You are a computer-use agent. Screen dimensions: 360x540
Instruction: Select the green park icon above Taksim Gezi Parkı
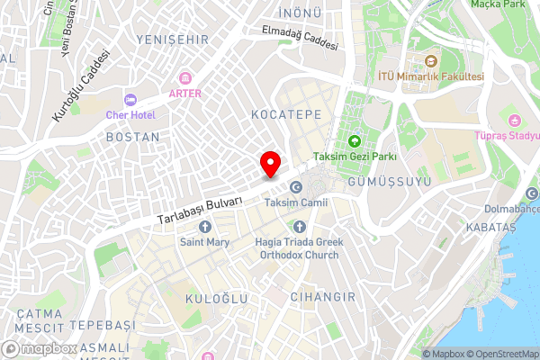(354, 140)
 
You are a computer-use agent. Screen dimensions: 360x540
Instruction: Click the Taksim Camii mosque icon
(296, 186)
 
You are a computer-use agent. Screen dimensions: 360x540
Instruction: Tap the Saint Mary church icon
(204, 226)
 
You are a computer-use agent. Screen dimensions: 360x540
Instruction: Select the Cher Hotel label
(131, 115)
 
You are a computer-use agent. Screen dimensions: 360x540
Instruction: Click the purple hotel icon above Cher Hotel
(130, 99)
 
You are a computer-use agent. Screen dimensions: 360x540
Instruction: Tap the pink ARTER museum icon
(185, 77)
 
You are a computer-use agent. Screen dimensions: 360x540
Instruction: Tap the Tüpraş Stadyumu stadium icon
(514, 120)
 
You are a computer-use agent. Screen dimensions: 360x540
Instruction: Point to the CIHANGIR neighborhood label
(323, 296)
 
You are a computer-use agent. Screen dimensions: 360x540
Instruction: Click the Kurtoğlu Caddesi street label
(82, 87)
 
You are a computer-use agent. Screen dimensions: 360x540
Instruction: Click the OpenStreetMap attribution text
(499, 354)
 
